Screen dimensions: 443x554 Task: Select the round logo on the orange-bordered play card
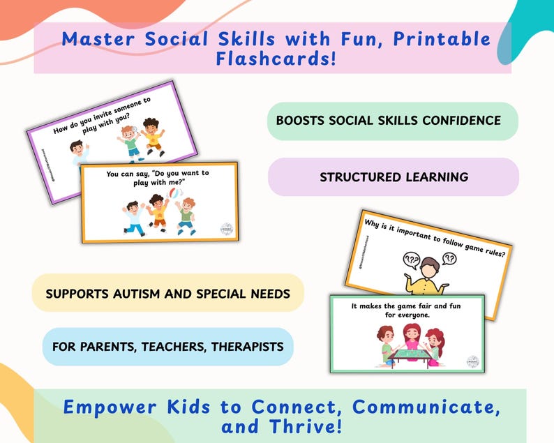224,230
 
